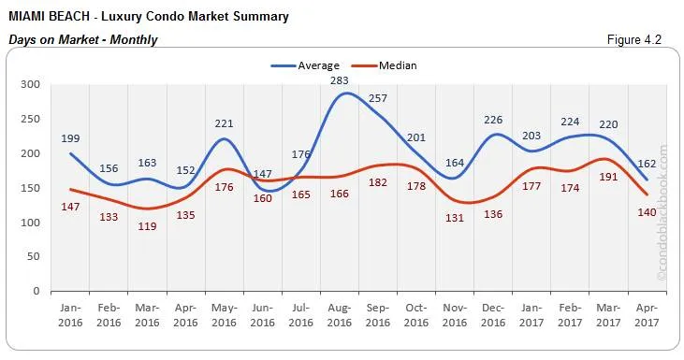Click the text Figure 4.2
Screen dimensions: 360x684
pos(634,39)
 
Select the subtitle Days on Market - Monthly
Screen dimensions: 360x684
pos(82,39)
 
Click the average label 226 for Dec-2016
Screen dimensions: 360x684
pos(494,119)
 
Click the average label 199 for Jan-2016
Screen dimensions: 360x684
pos(70,138)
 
